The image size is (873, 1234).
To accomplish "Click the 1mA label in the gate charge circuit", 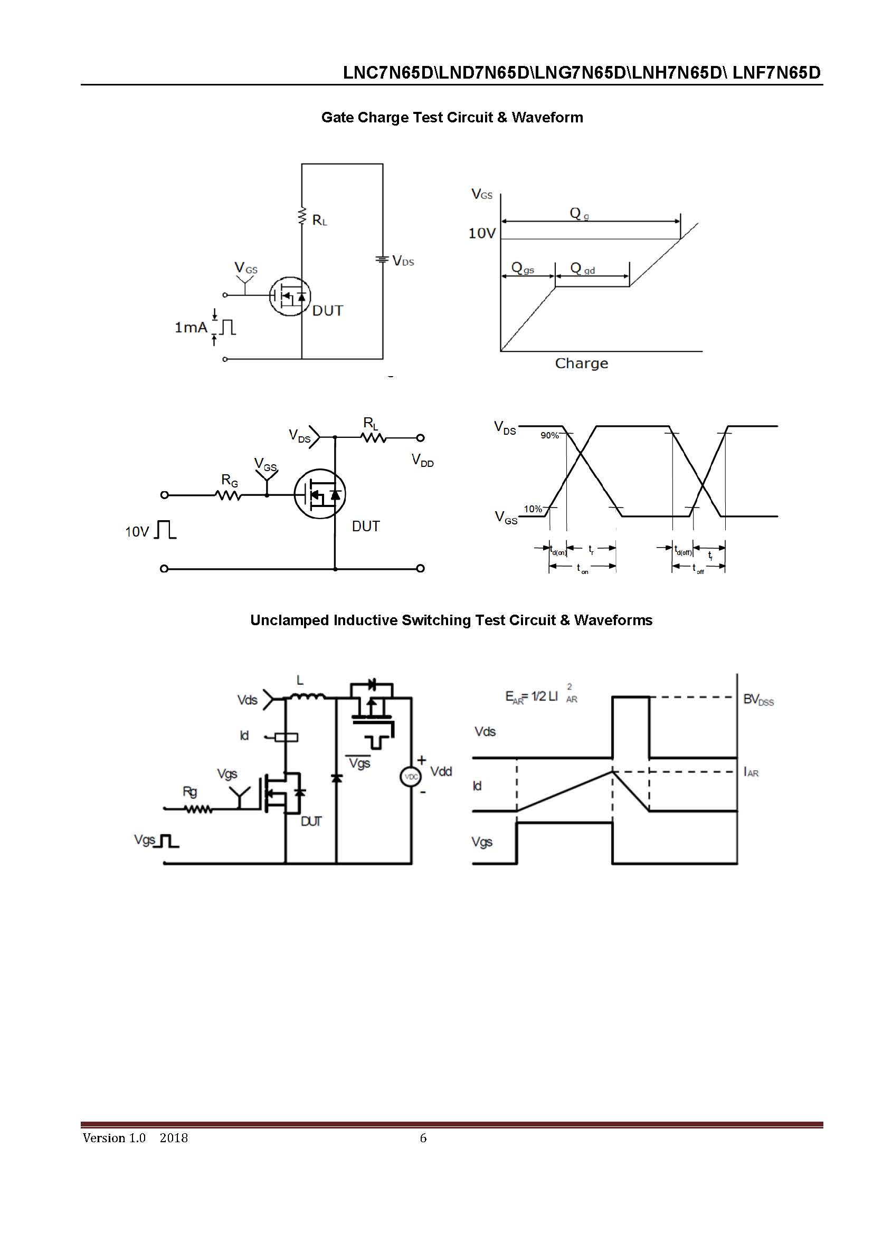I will (x=191, y=327).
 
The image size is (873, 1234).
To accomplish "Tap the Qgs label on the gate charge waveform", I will (x=523, y=267).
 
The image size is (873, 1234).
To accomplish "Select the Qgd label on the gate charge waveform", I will (x=582, y=268).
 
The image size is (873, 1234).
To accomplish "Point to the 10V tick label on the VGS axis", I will (x=482, y=233).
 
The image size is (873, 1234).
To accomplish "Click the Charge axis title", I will (x=581, y=364).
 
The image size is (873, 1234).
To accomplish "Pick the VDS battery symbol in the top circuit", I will (x=382, y=260).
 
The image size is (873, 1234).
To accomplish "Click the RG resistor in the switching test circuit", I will (x=229, y=495).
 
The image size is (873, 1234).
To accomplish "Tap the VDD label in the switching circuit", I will (x=423, y=461).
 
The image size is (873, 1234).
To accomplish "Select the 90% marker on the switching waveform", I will (x=549, y=435).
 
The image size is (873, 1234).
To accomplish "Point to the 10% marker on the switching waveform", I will (x=533, y=509).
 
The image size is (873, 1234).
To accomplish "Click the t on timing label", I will (x=582, y=569).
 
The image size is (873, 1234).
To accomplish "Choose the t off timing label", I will (x=698, y=569).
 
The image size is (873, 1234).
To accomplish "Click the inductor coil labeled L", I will (x=308, y=697).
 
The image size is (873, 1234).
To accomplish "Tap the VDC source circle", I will (x=411, y=777).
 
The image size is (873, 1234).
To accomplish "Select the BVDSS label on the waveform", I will (x=758, y=700).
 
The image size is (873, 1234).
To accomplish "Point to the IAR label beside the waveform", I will (x=751, y=772).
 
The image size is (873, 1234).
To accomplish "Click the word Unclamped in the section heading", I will (x=289, y=620).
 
